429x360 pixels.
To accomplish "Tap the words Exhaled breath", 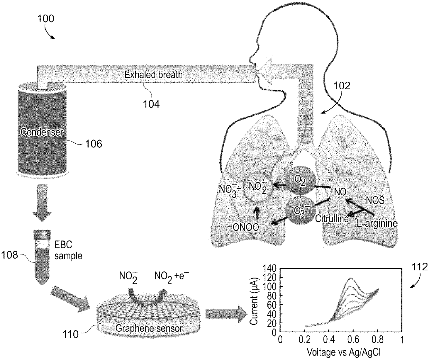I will pyautogui.click(x=154, y=74).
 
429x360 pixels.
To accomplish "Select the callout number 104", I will pyautogui.click(x=152, y=103).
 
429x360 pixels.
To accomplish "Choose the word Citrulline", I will pyautogui.click(x=331, y=218).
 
